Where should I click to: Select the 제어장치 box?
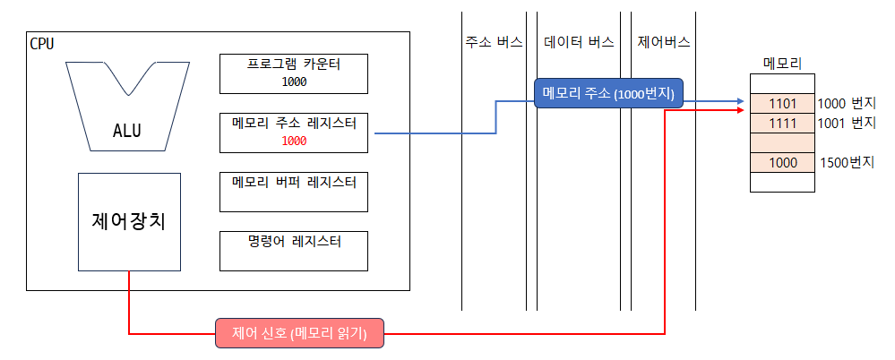(130, 221)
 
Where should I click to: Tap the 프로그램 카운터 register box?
(294, 73)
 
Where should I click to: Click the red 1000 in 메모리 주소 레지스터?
(294, 141)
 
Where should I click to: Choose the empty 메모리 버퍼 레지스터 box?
(294, 192)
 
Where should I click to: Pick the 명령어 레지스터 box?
(294, 251)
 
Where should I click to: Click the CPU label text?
(41, 43)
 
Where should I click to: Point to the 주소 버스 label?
(494, 42)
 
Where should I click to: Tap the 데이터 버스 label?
(579, 42)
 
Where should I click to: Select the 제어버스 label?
(664, 42)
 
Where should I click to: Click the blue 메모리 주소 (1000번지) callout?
(608, 93)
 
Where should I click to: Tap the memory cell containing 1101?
(782, 103)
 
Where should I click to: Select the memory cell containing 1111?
(782, 123)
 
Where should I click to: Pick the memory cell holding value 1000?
(782, 163)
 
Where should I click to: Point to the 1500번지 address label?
(848, 163)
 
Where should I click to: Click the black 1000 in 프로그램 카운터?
(294, 81)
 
